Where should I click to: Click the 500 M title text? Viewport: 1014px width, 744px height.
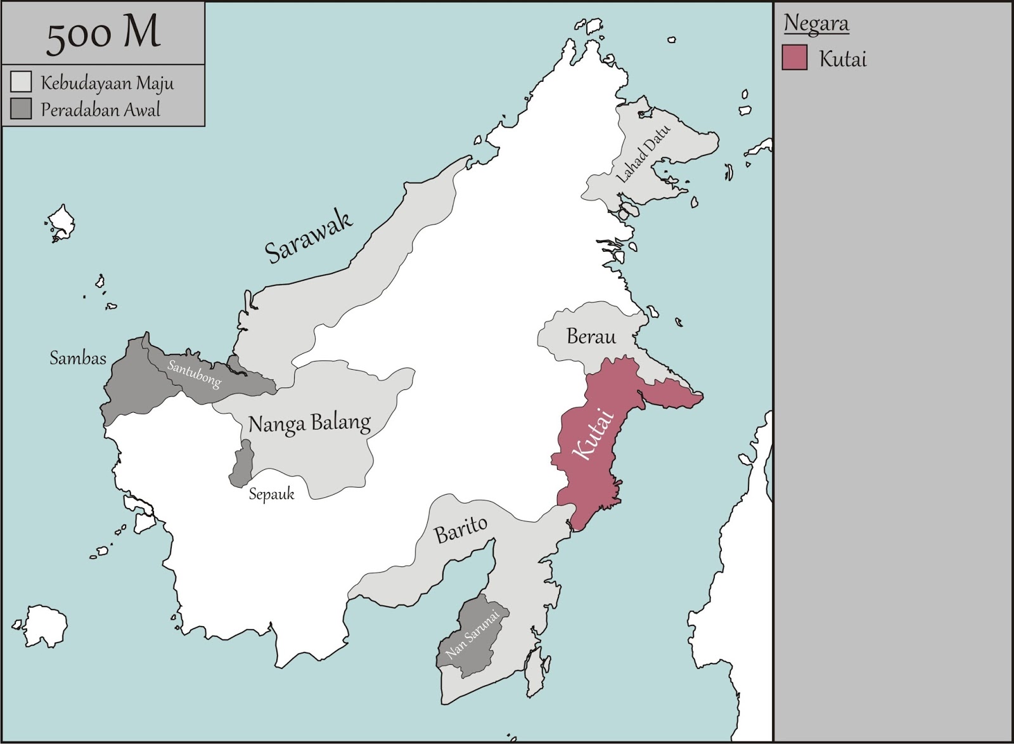click(103, 34)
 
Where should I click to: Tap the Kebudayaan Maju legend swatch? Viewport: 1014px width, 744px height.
click(21, 82)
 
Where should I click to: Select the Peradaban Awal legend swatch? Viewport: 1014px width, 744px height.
click(21, 109)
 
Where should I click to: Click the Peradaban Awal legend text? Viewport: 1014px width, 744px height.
click(100, 110)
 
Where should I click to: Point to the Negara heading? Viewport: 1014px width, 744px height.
click(816, 23)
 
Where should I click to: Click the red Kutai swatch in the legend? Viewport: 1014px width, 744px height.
click(794, 58)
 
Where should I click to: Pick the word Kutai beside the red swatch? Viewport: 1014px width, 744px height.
click(842, 59)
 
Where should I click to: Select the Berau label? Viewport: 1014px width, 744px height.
click(591, 336)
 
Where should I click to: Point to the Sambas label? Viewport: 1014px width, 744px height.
click(78, 358)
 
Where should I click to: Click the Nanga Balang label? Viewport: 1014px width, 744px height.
click(309, 423)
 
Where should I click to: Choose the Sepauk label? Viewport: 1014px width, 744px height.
click(271, 494)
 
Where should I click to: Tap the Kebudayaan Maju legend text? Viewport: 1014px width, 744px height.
click(107, 83)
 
